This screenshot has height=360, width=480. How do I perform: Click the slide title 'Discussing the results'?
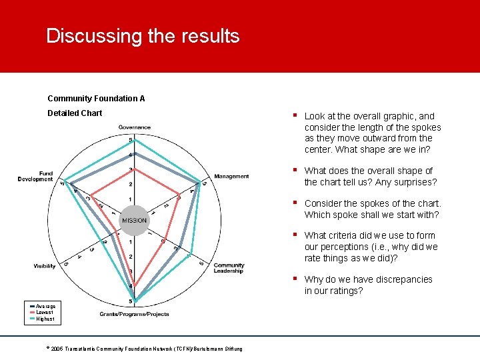point(143,36)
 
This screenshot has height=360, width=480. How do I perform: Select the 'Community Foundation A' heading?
point(96,99)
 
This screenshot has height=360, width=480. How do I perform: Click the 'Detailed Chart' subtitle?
point(75,113)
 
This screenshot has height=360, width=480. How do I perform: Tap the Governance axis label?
point(135,127)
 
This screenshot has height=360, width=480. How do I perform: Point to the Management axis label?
point(231,177)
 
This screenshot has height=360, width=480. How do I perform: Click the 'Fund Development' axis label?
point(35,176)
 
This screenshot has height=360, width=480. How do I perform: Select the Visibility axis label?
point(45,266)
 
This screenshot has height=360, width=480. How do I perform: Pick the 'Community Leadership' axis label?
point(229,268)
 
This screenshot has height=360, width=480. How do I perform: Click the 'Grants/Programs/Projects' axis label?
point(135,313)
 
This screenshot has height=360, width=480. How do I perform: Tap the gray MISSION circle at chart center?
point(134,221)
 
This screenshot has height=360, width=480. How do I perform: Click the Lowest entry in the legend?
point(45,312)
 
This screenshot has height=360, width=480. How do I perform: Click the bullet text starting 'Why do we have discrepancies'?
point(368,285)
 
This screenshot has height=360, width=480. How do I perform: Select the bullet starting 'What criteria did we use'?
point(371,247)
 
